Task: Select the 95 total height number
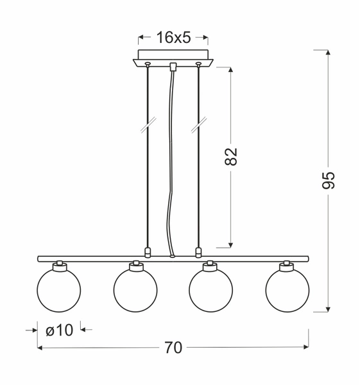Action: [x=328, y=180]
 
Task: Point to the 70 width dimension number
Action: [x=173, y=348]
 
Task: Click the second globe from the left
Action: [x=135, y=289]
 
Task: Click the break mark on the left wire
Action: [x=148, y=124]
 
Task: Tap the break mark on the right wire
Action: [x=198, y=124]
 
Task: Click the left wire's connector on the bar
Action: [x=148, y=252]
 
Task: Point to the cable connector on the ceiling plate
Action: [x=173, y=66]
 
